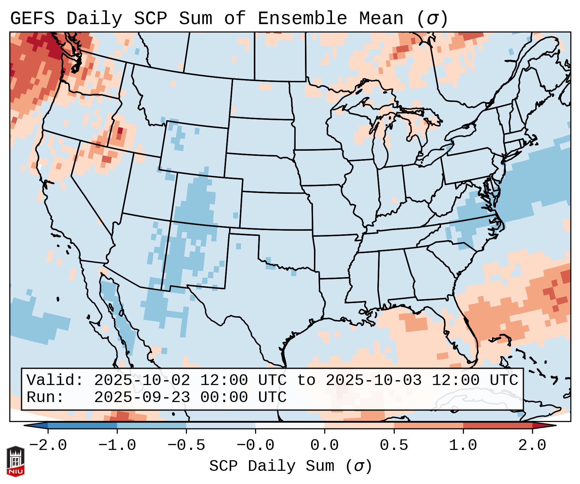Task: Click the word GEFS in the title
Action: [x=32, y=18]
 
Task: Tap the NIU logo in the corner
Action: [x=15, y=461]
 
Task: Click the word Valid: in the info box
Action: [x=55, y=381]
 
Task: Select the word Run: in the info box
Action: [x=45, y=398]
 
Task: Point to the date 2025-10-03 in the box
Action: [x=373, y=381]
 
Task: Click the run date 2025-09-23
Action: [x=142, y=398]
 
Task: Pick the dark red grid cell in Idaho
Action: [x=120, y=131]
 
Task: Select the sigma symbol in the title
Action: [x=432, y=18]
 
